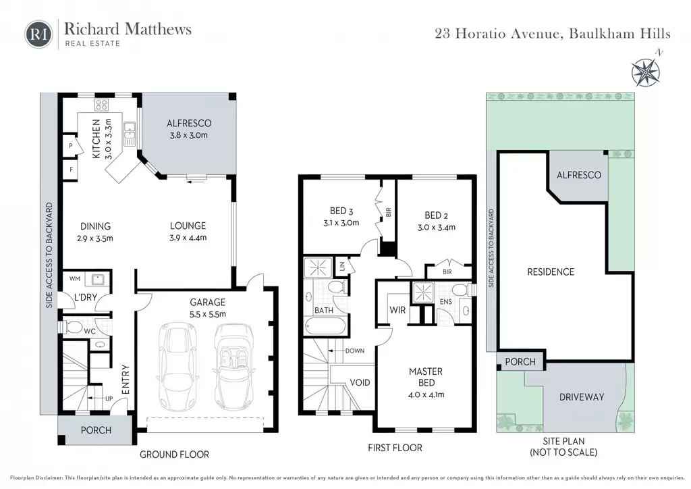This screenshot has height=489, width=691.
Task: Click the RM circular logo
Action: pos(38,34)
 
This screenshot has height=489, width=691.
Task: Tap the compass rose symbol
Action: pos(646,70)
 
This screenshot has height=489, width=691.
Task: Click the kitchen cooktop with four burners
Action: pos(101,105)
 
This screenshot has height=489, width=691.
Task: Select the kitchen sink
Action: pos(130,134)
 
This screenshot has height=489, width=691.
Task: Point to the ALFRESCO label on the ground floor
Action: pos(189,124)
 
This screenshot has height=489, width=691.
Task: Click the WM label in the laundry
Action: pos(74,279)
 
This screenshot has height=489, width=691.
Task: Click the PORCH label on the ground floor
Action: pos(96,430)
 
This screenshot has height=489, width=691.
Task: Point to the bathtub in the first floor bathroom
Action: pos(326,327)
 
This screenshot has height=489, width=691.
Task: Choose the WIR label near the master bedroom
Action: pos(397,310)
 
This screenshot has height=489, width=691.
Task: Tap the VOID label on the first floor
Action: pos(360,382)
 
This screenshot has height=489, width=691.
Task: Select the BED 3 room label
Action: pos(341,211)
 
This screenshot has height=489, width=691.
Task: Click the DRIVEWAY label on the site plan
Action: pos(581,397)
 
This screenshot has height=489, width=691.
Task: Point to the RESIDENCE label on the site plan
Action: pos(551,272)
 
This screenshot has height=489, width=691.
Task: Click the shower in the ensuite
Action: pos(423,292)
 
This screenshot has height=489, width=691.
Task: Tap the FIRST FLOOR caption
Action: pos(395,448)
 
